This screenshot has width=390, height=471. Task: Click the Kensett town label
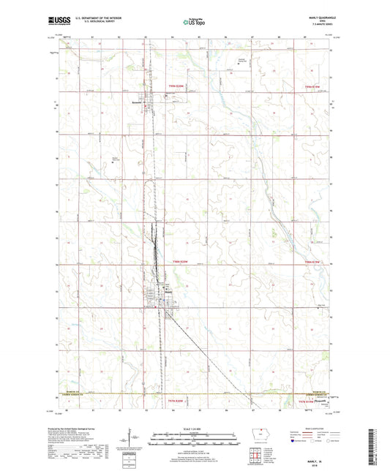click(x=135, y=102)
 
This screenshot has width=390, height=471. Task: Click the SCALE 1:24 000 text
click(x=195, y=428)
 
